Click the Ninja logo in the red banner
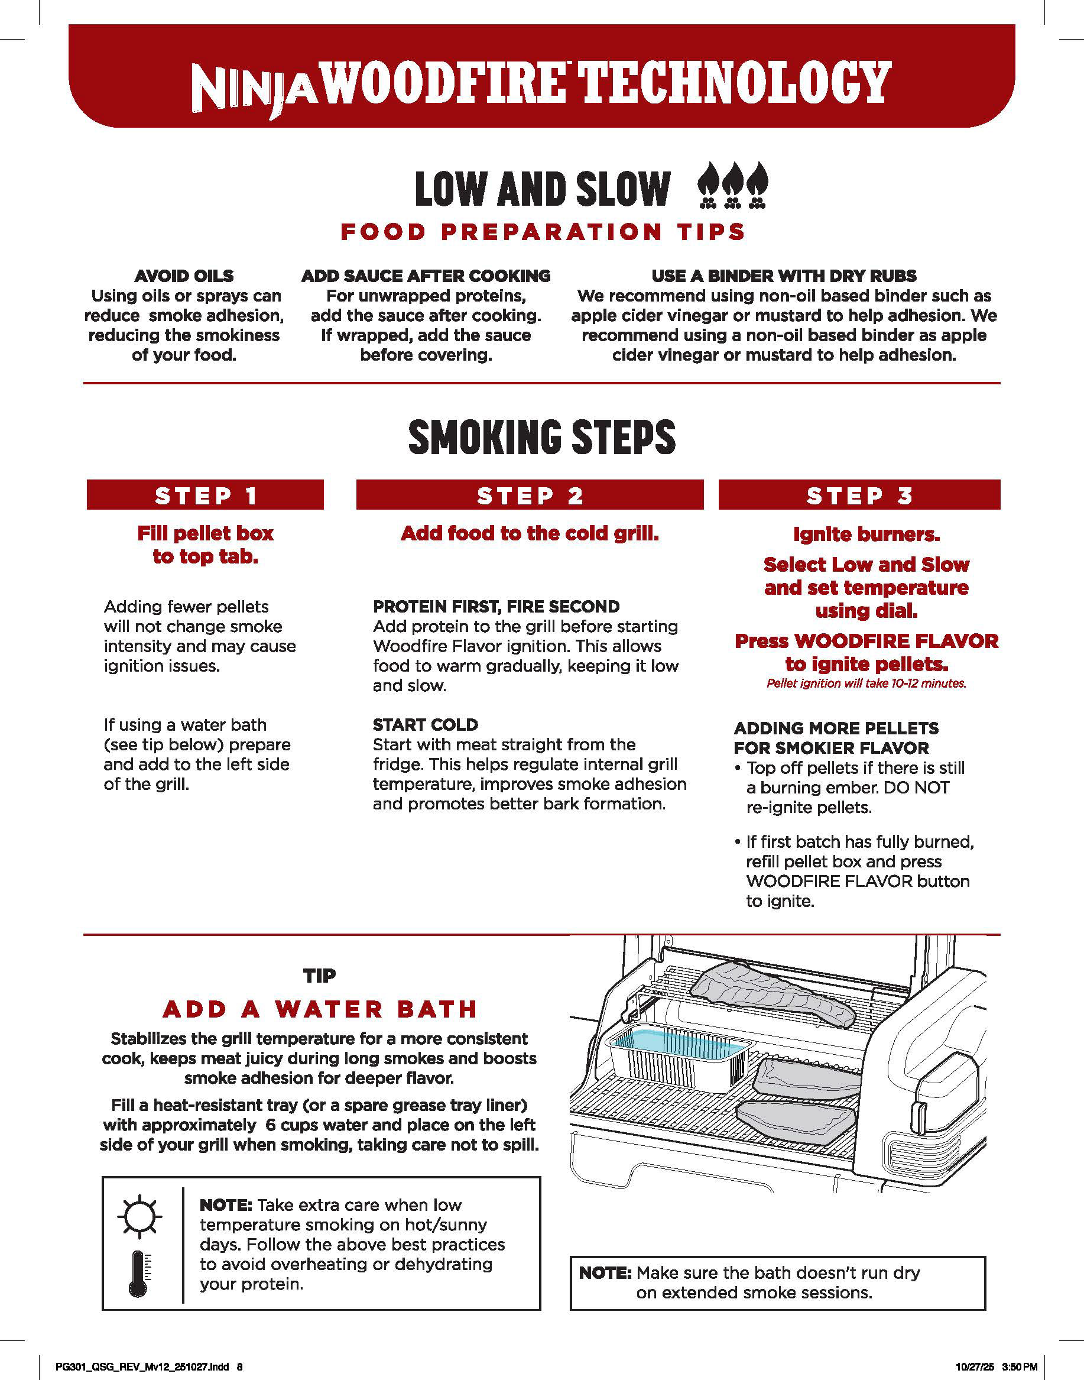pyautogui.click(x=259, y=89)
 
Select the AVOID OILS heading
pyautogui.click(x=184, y=276)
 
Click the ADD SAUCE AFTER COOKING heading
pyautogui.click(x=426, y=276)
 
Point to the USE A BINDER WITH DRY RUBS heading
pyautogui.click(x=784, y=276)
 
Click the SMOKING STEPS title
pyautogui.click(x=542, y=437)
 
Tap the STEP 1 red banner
pyautogui.click(x=205, y=495)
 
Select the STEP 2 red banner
pyautogui.click(x=530, y=495)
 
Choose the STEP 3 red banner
pyautogui.click(x=859, y=495)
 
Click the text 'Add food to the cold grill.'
pyautogui.click(x=530, y=533)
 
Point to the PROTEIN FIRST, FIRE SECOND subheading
pyautogui.click(x=496, y=606)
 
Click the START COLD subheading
pyautogui.click(x=426, y=724)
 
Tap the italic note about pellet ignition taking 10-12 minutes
pyautogui.click(x=866, y=683)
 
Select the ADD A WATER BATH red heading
pyautogui.click(x=320, y=1009)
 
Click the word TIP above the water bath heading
pyautogui.click(x=320, y=976)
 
